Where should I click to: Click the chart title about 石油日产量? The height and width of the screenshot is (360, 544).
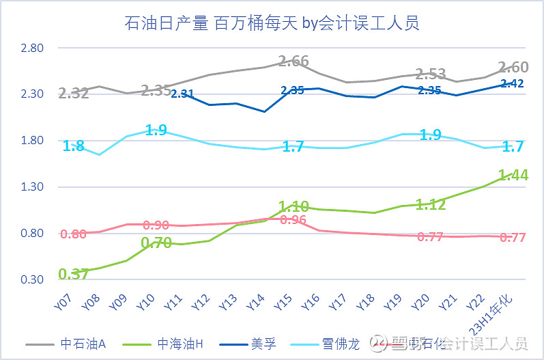pos(272,23)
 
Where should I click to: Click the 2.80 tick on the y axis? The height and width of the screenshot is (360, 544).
pos(32,48)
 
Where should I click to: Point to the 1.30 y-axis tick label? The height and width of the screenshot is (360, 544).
pos(32,186)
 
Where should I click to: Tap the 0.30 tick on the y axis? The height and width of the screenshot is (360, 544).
pos(32,279)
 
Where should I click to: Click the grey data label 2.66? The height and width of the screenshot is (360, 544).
pos(294,61)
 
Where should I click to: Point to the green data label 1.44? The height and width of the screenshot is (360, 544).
pos(513,175)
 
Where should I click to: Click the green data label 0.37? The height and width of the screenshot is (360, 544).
pos(74,274)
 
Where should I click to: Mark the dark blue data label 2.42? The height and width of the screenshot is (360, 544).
pos(512,83)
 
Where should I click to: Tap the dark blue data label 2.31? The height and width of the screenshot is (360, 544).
pos(184,94)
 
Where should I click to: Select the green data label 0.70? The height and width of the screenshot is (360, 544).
pos(156,242)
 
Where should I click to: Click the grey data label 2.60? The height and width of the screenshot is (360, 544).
pos(513,67)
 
